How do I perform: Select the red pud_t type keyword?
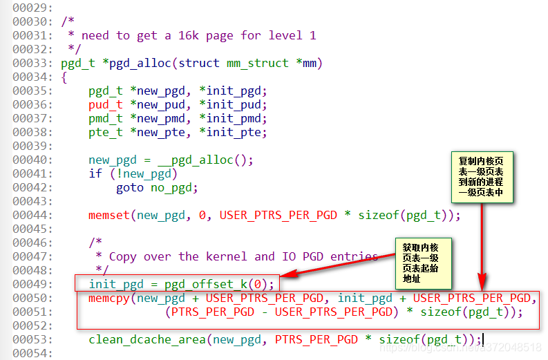pos(106,105)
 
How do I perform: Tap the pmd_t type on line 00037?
pos(106,119)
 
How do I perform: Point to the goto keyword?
pos(130,188)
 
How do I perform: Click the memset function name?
pos(109,216)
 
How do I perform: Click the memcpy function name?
pos(109,298)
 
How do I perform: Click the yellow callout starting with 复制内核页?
pos(482,176)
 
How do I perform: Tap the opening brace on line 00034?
pos(64,77)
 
